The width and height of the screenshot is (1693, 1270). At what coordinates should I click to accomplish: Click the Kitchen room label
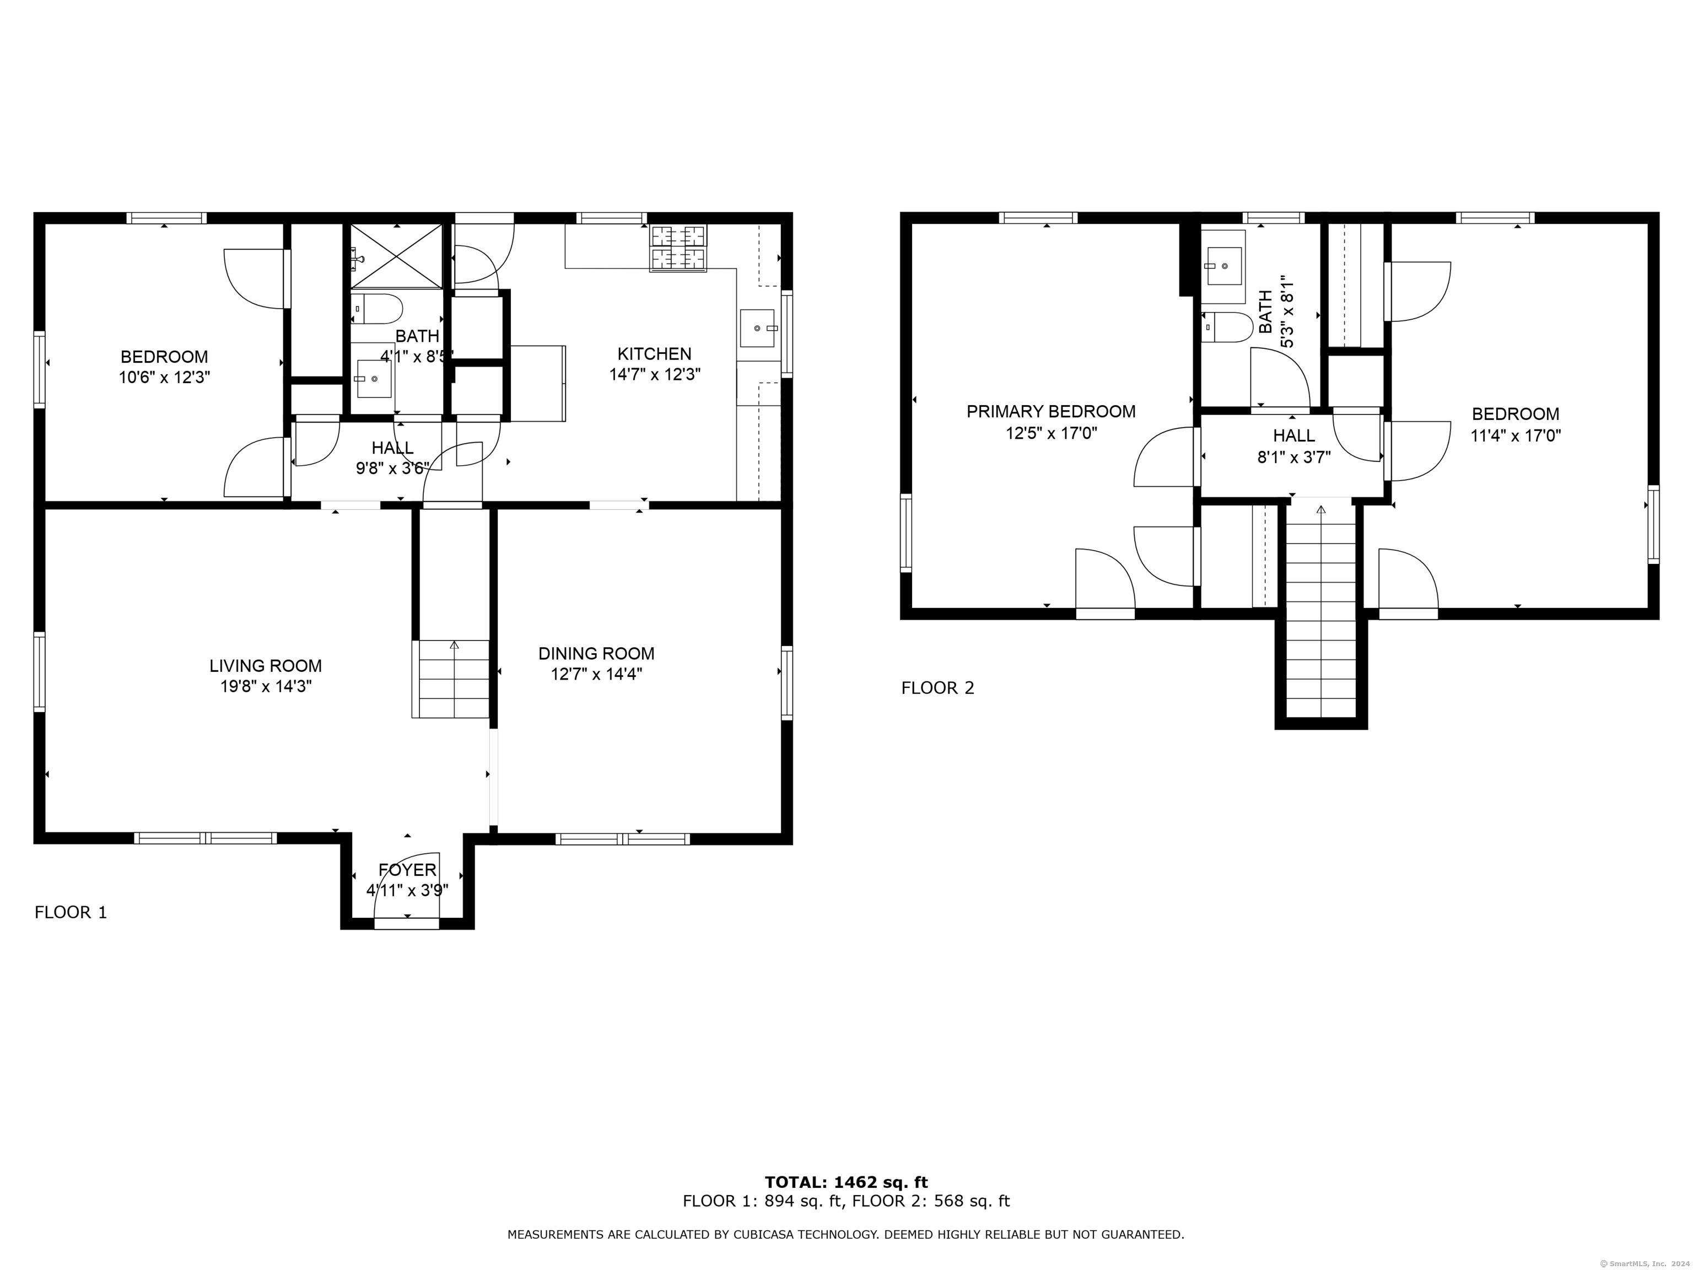pos(654,354)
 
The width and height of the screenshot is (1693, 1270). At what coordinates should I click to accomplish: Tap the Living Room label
pos(266,666)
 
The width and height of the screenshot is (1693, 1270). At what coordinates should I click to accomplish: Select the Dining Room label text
pos(596,654)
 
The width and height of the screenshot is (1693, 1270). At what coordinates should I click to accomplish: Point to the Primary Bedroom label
pos(1051,412)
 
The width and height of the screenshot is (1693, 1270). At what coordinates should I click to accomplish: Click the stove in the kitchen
pos(678,248)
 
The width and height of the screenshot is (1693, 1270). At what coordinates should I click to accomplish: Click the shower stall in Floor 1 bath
pos(396,256)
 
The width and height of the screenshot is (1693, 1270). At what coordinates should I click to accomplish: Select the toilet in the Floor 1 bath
pos(378,309)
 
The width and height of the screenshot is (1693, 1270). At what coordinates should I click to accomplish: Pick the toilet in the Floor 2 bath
pos(1226,327)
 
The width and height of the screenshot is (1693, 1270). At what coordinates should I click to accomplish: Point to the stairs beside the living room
pos(451,679)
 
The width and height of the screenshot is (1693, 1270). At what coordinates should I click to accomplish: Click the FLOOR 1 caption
pos(71,912)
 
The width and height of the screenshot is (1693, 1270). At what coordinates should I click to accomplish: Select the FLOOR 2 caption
pos(937,688)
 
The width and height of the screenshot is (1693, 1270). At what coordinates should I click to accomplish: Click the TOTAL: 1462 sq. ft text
pos(846,1183)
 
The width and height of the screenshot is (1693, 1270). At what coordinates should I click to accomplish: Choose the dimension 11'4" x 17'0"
pos(1516,435)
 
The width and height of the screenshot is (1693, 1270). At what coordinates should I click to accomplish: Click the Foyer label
pos(407,870)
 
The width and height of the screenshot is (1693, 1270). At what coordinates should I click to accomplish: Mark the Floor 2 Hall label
pos(1293,435)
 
